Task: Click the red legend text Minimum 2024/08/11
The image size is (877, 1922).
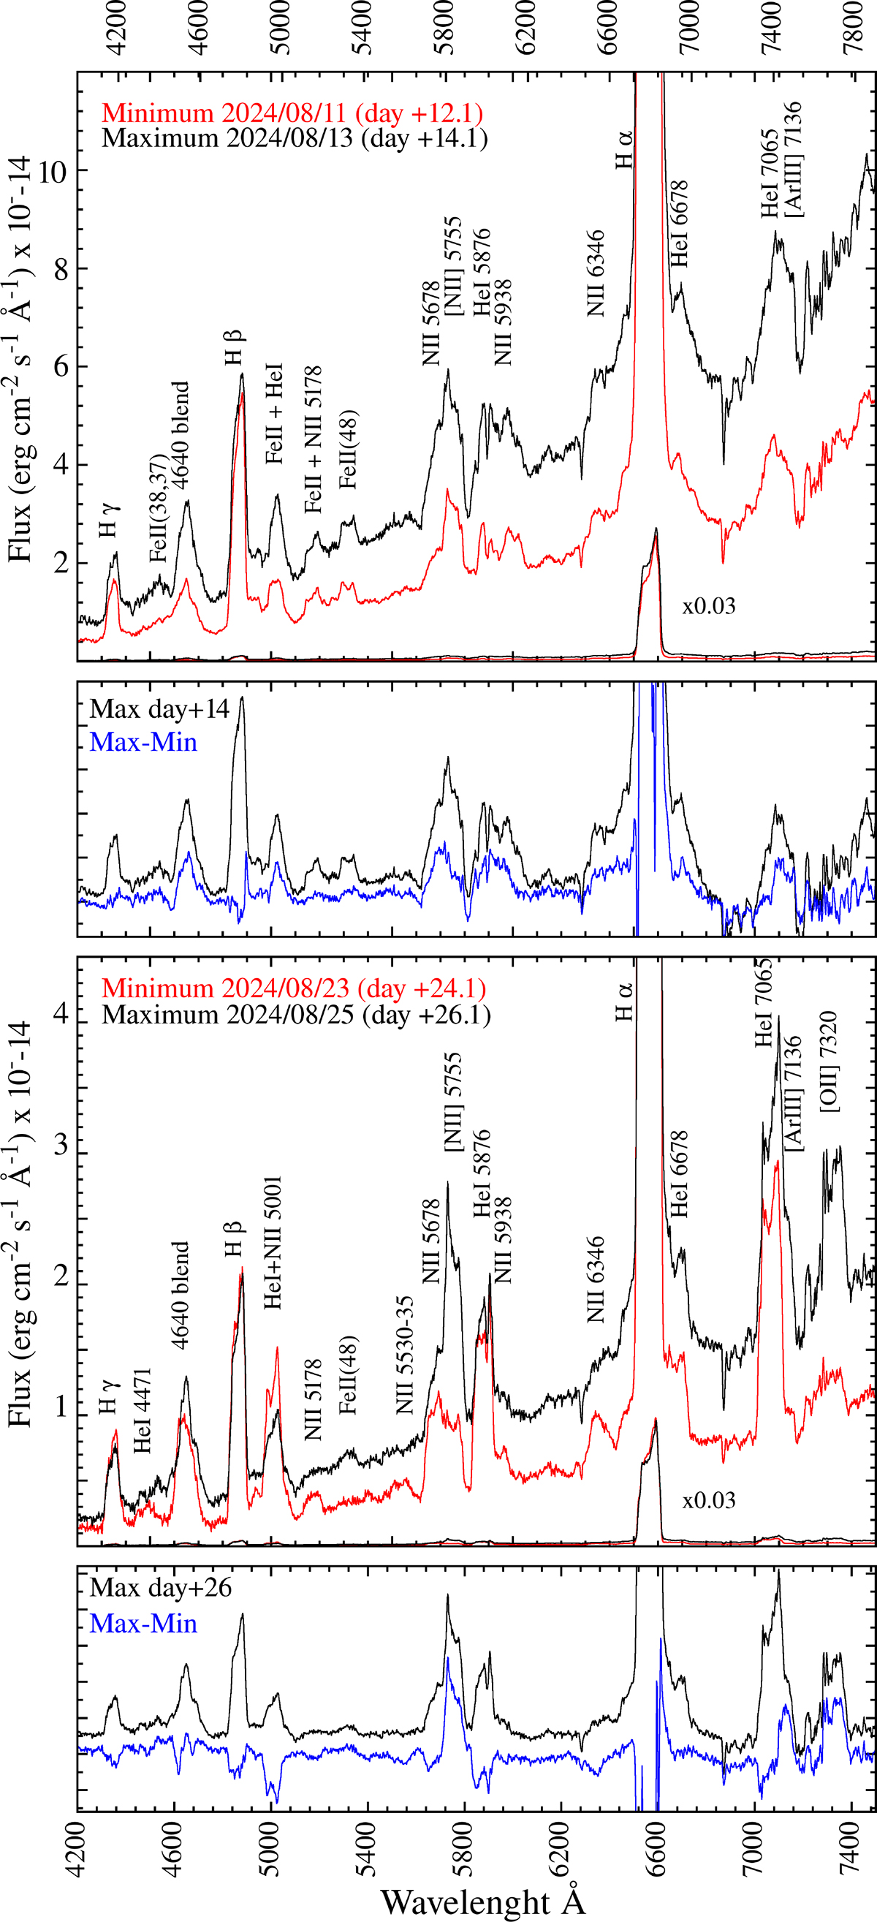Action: tap(292, 113)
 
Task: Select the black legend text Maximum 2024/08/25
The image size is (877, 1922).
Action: tap(296, 1014)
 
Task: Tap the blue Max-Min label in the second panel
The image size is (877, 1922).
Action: tap(143, 741)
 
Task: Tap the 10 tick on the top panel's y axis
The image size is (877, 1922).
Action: tap(52, 171)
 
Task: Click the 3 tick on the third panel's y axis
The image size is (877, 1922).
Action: tap(61, 1144)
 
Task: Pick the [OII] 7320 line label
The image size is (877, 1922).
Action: tap(829, 1062)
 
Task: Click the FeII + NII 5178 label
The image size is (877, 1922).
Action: tap(314, 439)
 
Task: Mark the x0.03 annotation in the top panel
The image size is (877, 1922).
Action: tap(708, 606)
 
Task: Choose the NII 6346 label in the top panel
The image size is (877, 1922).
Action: tap(595, 273)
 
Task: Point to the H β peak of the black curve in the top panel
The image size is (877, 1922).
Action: tap(242, 374)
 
